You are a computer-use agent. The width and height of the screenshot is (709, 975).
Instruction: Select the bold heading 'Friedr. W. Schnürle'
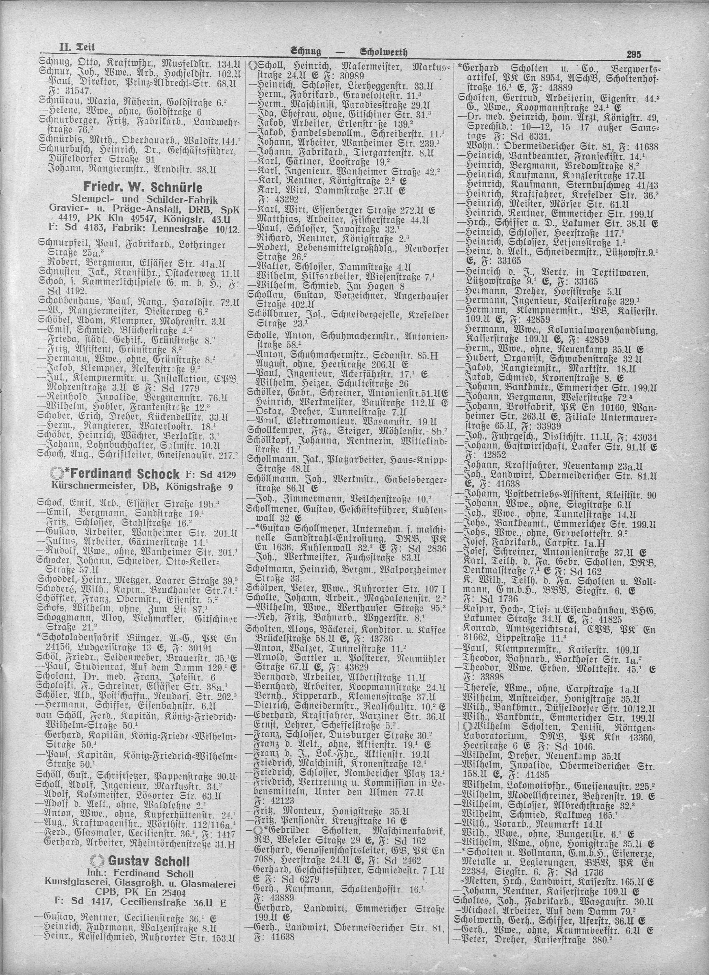143,188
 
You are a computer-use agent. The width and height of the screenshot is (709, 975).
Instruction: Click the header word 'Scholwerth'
383,53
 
